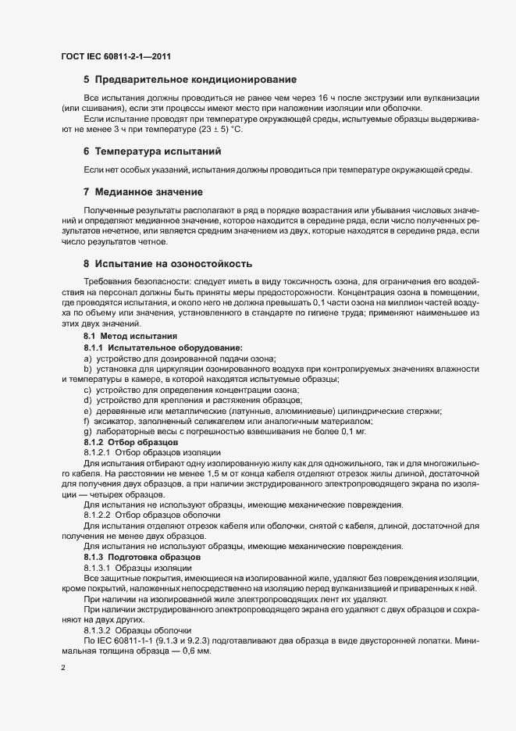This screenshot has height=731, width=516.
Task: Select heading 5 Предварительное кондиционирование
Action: pyautogui.click(x=190, y=80)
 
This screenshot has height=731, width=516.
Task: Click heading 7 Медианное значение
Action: pyautogui.click(x=143, y=191)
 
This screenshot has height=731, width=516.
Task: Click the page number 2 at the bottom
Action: pyautogui.click(x=62, y=669)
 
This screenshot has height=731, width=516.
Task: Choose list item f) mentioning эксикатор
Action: pyautogui.click(x=219, y=421)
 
